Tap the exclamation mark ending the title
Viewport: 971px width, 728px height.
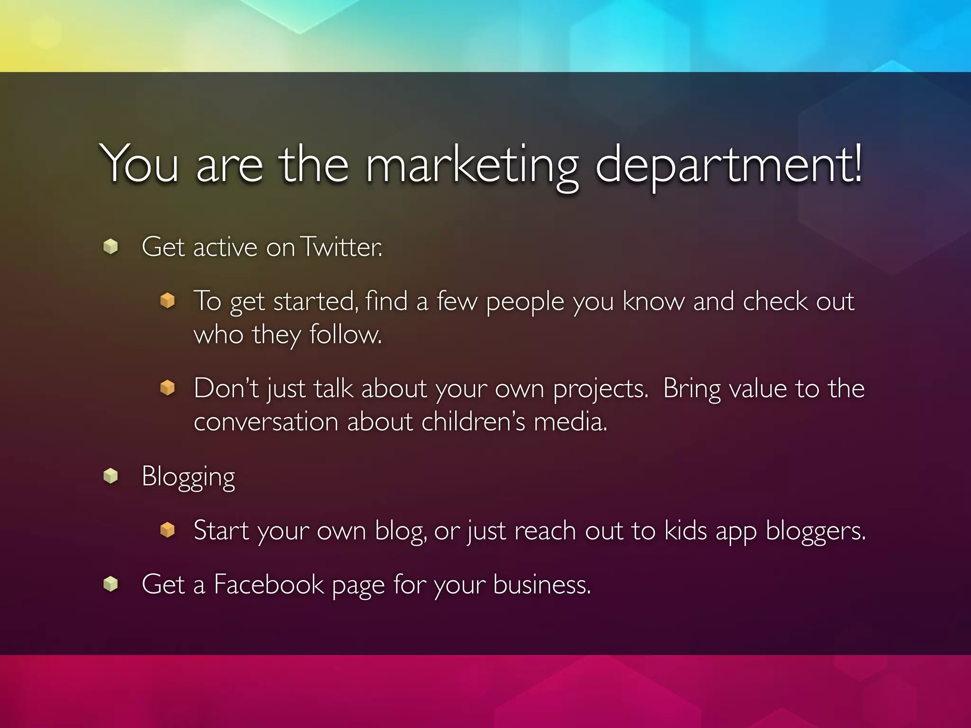coord(856,163)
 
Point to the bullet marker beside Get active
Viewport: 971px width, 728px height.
coord(110,246)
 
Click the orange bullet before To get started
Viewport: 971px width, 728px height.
coord(167,300)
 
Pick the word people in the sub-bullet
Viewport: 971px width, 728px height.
coord(525,302)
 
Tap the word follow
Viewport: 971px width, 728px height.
coord(345,334)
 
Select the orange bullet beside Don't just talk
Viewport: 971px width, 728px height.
coord(167,388)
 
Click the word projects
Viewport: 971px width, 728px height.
coord(600,389)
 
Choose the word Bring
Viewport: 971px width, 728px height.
coord(691,389)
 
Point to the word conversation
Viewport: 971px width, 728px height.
coord(266,421)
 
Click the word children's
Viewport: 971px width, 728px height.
coord(473,421)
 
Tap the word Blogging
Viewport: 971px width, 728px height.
coord(188,477)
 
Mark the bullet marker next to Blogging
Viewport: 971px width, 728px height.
coord(110,476)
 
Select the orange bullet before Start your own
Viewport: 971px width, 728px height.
coord(167,529)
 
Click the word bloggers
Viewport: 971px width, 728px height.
coord(815,531)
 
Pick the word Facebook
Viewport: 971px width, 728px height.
coord(268,584)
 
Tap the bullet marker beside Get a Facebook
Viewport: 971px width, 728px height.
coord(110,583)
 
